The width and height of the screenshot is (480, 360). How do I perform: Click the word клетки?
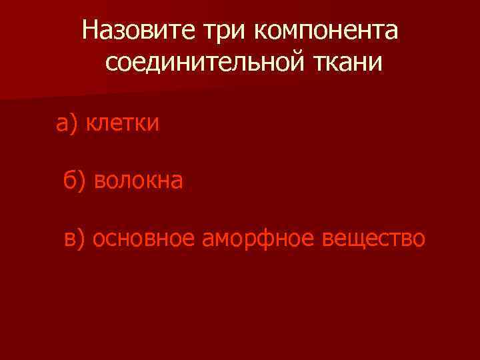[x=123, y=123]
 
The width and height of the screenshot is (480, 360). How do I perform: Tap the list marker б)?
[x=75, y=180]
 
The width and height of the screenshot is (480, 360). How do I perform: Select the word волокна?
[x=139, y=180]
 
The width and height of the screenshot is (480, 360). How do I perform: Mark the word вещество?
[x=372, y=238]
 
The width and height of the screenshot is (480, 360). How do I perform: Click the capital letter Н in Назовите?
[x=90, y=30]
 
